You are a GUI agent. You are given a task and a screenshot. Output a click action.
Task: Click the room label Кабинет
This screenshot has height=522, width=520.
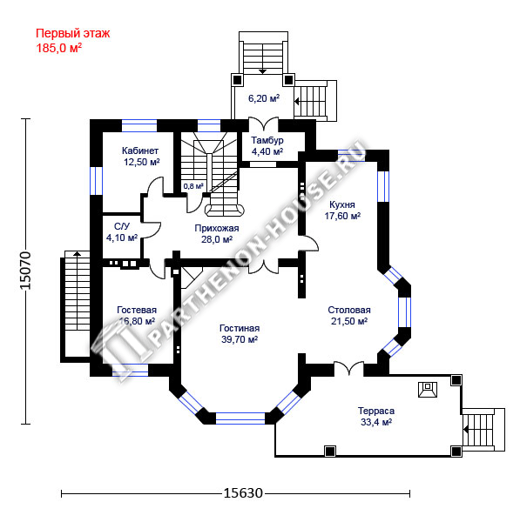click(140, 151)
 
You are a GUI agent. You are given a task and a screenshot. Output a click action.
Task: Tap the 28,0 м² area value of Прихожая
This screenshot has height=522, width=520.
click(217, 239)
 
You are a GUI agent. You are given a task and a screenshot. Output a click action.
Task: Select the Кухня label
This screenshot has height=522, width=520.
click(342, 204)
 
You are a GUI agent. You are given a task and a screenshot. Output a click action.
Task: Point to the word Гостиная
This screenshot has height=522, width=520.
click(240, 328)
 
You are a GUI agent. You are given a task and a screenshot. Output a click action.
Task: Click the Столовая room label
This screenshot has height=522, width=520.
click(349, 310)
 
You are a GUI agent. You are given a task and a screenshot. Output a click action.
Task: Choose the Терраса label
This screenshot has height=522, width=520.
click(376, 411)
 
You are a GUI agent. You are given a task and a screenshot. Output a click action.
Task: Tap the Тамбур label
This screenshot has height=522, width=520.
click(267, 140)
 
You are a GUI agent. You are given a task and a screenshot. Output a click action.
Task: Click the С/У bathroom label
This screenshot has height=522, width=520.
click(122, 226)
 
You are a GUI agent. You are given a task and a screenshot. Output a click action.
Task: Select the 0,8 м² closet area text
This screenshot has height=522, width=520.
click(193, 186)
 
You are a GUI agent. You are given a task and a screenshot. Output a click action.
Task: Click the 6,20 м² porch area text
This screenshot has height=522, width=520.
click(264, 98)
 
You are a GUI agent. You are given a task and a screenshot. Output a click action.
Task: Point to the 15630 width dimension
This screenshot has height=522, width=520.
click(243, 493)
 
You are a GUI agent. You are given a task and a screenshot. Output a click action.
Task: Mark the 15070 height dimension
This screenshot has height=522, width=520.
click(26, 271)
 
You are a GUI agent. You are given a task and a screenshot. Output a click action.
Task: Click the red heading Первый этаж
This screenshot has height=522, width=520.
click(72, 34)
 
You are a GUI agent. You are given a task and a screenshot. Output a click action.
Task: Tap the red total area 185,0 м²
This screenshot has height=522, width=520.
click(58, 48)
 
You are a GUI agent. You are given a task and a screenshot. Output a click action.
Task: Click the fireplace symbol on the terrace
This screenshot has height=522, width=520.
click(428, 390)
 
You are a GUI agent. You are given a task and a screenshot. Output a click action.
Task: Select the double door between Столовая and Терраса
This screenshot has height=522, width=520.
click(348, 368)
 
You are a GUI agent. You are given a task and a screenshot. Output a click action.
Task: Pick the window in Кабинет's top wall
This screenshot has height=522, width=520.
click(139, 126)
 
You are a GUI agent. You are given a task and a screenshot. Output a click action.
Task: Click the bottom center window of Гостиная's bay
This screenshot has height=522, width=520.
click(240, 418)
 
